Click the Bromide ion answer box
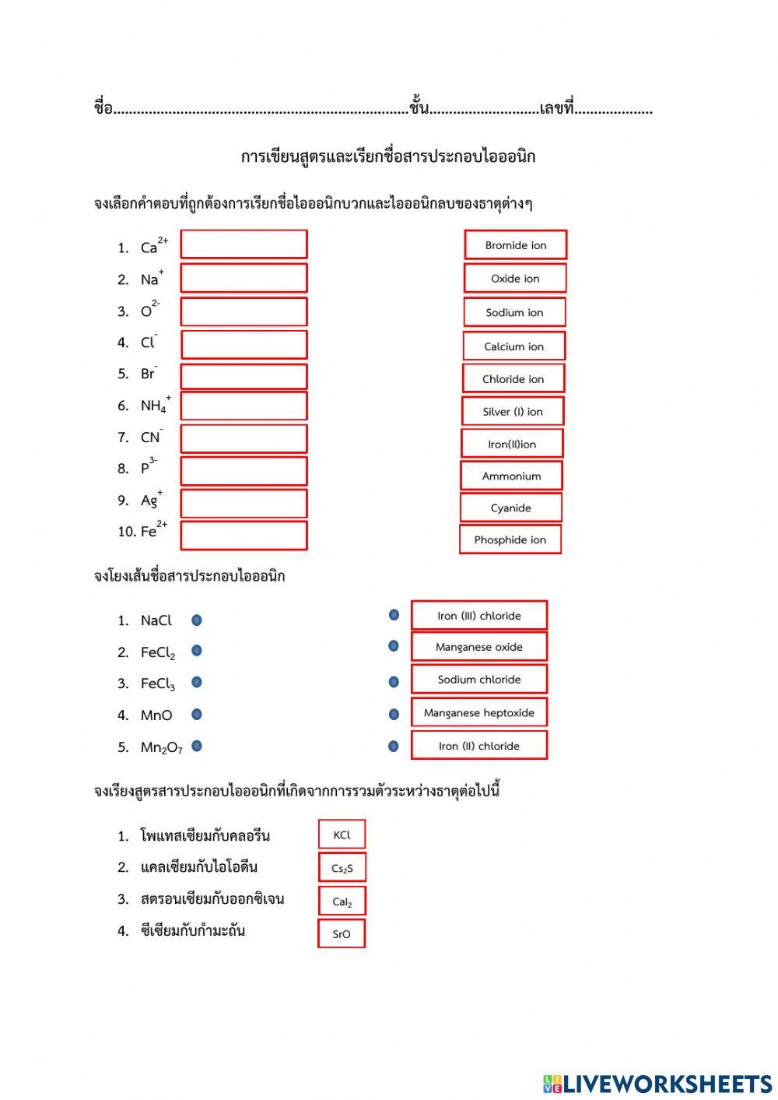pos(515,244)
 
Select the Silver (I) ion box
pos(512,411)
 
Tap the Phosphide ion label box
pos(510,539)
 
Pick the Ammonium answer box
pos(510,476)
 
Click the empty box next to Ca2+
pos(244,244)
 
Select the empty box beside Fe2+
pos(244,536)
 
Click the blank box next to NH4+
pos(244,406)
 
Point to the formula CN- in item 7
pos(151,437)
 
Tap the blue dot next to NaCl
pos(197,620)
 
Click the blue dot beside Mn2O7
pos(197,746)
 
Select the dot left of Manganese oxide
pos(394,646)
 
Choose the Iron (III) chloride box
pos(478,615)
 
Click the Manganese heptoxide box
pos(478,712)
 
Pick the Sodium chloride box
pos(478,679)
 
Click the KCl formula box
pos(342,835)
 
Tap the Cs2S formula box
pos(342,868)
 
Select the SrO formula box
pos(342,933)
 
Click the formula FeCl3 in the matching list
pos(157,684)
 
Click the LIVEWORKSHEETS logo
pos(657,1084)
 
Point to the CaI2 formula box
pos(342,901)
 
